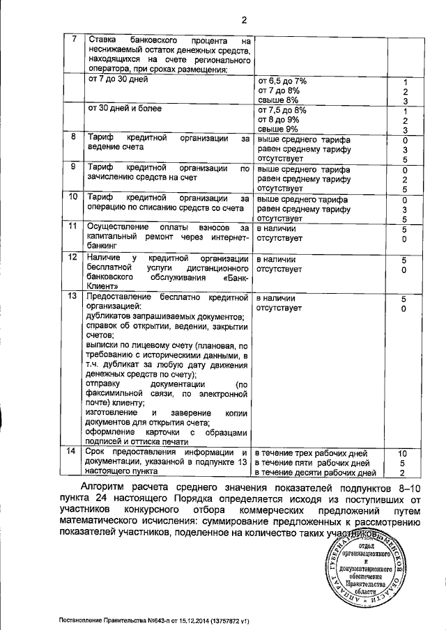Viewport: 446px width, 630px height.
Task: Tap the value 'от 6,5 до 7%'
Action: point(282,81)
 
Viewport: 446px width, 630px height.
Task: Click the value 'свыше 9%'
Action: point(278,129)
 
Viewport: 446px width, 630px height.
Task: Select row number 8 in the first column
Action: point(74,138)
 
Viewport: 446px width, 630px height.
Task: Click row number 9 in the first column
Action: point(74,168)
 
